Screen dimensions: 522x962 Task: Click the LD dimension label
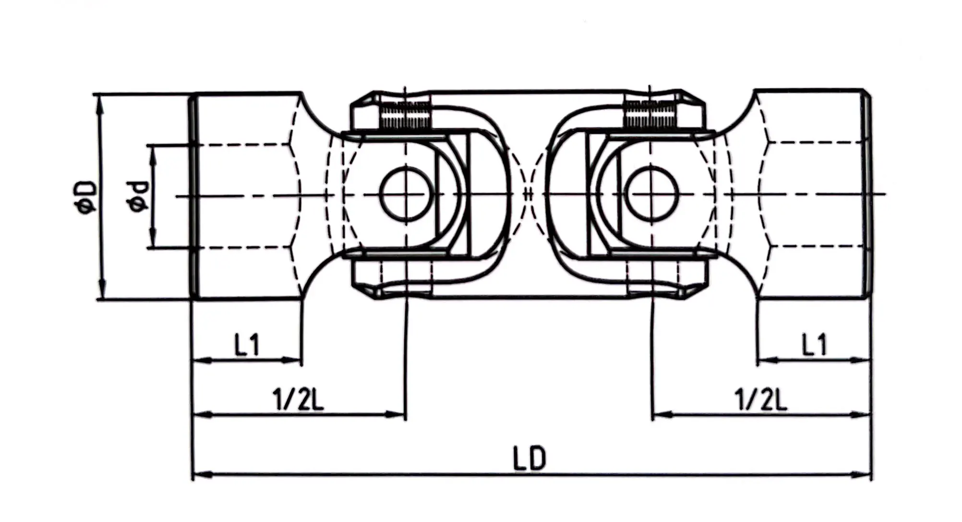[x=529, y=459]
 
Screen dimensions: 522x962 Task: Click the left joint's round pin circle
[x=405, y=194]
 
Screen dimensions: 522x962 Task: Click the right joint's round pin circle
[x=653, y=194]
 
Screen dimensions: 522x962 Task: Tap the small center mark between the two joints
[x=528, y=194]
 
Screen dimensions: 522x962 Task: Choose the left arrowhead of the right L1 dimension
[x=765, y=359]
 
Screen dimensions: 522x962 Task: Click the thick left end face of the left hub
[x=193, y=197]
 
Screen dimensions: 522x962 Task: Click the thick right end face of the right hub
[x=868, y=197]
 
